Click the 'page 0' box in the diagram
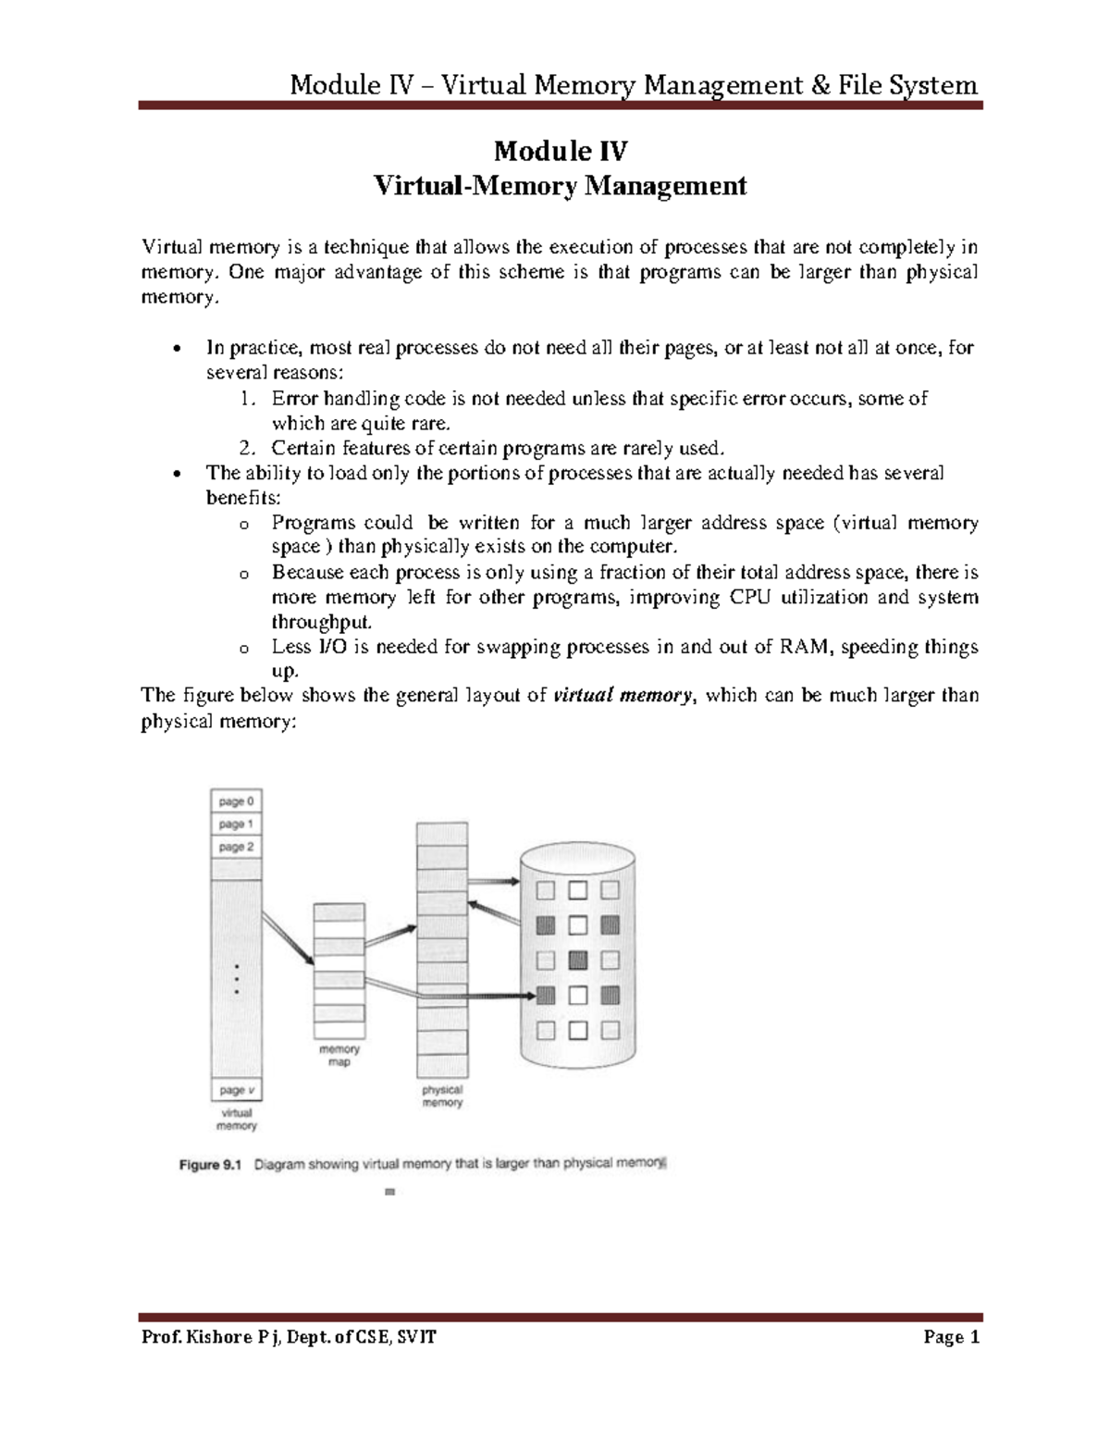click(237, 801)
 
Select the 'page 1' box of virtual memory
click(237, 824)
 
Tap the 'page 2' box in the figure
click(237, 847)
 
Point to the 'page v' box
click(237, 1090)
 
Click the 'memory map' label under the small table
click(339, 1056)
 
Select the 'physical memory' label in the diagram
click(442, 1096)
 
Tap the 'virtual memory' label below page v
click(237, 1120)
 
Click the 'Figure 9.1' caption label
click(210, 1166)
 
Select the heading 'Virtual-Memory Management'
click(559, 186)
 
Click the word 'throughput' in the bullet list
click(320, 622)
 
